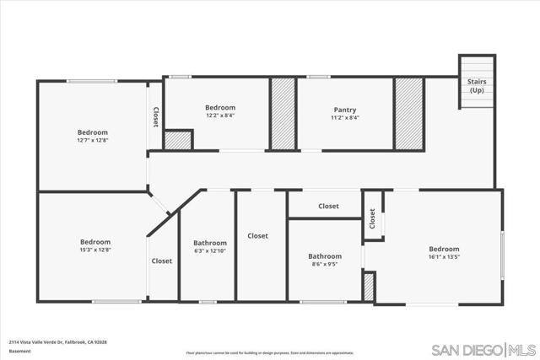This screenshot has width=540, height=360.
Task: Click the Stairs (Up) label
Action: tap(477, 85)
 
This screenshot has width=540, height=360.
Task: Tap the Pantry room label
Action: tap(344, 110)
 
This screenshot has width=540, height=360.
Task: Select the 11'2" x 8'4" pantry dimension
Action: tap(344, 118)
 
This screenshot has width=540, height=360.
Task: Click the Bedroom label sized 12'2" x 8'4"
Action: tap(220, 107)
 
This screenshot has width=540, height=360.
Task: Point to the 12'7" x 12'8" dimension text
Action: tap(93, 141)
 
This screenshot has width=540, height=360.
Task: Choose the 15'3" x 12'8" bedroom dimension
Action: tap(95, 250)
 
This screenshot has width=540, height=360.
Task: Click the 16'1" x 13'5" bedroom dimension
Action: tap(444, 257)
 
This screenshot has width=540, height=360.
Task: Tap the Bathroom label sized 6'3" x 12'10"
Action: tap(209, 243)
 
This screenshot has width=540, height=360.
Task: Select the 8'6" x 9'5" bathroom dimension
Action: tap(325, 264)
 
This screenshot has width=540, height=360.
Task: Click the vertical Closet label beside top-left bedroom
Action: tap(156, 116)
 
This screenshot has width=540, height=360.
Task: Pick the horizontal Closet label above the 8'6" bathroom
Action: tap(328, 206)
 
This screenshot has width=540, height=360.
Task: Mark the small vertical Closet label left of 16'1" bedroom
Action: tap(372, 219)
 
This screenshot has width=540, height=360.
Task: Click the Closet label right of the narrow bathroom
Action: tap(257, 236)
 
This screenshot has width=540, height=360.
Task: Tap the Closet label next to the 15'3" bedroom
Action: tap(162, 261)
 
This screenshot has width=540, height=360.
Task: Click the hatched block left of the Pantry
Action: tap(283, 114)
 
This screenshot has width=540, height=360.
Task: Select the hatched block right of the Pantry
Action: tap(408, 114)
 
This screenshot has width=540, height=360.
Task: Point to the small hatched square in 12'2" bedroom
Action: tap(177, 141)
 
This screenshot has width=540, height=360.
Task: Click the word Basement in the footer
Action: tap(21, 351)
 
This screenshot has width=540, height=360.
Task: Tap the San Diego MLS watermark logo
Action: tap(483, 350)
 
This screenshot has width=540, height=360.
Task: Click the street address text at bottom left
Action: tap(57, 341)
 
